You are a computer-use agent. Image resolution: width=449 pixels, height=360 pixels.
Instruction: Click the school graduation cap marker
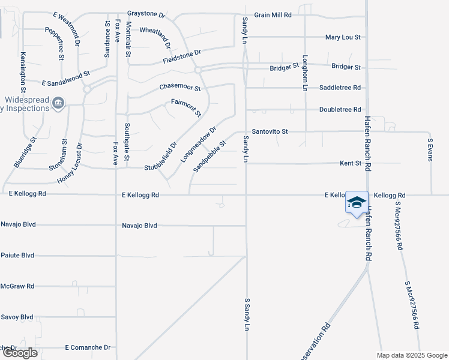click(x=357, y=202)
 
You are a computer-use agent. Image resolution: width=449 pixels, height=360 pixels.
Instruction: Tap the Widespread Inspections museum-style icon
click(x=58, y=104)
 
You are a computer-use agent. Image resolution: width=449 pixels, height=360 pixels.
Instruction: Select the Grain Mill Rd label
click(x=273, y=14)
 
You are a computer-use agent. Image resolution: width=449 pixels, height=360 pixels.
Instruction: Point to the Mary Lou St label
click(x=343, y=37)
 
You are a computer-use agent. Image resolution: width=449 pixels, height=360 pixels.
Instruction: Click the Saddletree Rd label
click(x=340, y=88)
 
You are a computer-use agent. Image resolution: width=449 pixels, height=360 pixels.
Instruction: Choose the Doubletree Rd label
click(x=340, y=110)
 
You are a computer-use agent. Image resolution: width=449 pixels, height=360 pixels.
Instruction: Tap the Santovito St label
click(x=270, y=131)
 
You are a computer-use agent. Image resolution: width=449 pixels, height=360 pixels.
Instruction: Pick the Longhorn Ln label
click(x=305, y=73)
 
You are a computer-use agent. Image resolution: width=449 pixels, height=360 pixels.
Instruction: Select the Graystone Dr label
click(x=146, y=13)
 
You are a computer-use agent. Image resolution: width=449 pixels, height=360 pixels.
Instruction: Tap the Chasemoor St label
click(x=179, y=88)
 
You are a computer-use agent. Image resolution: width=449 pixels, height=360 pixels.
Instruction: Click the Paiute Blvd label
click(x=17, y=255)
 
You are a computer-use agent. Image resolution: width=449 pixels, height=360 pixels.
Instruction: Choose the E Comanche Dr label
click(x=88, y=347)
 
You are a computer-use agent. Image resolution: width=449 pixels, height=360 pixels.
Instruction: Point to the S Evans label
click(x=430, y=150)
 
